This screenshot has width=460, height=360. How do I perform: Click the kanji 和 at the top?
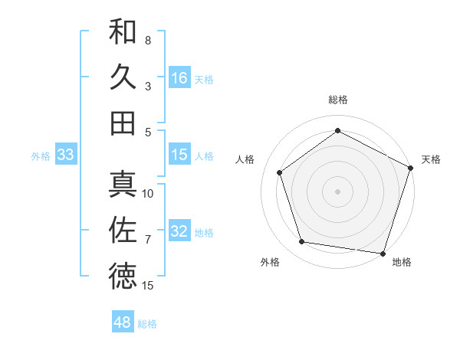[x=123, y=32]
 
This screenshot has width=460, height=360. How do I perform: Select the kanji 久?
[x=123, y=77]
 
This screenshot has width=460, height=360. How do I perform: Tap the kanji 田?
[x=123, y=123]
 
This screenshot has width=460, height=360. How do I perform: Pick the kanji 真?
[x=123, y=185]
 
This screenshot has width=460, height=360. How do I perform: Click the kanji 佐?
[x=123, y=230]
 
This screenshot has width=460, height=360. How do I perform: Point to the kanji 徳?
[x=123, y=276]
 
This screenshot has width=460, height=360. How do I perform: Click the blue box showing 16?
[x=179, y=77]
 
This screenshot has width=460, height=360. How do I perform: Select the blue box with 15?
[x=179, y=155]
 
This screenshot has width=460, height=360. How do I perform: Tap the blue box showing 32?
[x=179, y=231]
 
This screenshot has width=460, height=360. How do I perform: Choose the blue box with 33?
[x=66, y=155]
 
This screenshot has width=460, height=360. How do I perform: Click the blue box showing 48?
[x=123, y=322]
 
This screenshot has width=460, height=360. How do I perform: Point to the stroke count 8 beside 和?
[x=148, y=40]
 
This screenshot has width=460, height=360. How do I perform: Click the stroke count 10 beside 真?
[x=148, y=193]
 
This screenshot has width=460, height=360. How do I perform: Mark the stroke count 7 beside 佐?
[x=148, y=240]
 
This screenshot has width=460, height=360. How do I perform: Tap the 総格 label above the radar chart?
[x=338, y=100]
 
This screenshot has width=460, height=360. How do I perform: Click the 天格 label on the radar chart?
[x=431, y=159]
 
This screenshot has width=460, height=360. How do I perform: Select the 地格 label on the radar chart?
[x=402, y=262]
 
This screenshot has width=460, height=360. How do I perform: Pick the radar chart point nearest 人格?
[x=280, y=172]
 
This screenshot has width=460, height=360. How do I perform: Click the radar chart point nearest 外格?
[x=302, y=242]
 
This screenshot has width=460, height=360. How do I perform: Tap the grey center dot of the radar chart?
[x=338, y=191]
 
